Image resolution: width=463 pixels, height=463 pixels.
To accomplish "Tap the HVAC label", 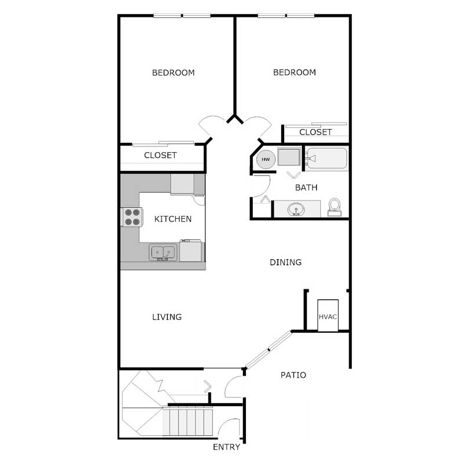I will (x=328, y=317).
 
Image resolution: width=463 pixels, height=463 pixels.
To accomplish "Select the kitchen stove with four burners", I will (x=131, y=216).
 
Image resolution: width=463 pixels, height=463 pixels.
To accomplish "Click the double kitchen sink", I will (x=163, y=252).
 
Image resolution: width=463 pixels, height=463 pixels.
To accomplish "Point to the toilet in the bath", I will (x=335, y=206).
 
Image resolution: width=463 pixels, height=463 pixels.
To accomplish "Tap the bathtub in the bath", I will (x=327, y=158).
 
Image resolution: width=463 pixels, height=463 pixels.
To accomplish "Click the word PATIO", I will (x=293, y=375).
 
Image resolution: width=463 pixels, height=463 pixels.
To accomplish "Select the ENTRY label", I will (x=226, y=447).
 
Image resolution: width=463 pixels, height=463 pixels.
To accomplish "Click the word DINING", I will (x=286, y=262).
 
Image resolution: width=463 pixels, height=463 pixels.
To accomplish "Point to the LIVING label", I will (x=167, y=317).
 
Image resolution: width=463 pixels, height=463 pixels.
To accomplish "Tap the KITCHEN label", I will (x=172, y=219).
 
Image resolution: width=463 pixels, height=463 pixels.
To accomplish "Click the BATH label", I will (x=306, y=188).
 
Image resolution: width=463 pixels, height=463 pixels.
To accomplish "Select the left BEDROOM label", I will (x=173, y=73).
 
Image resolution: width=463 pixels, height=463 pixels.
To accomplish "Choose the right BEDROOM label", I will (x=295, y=72).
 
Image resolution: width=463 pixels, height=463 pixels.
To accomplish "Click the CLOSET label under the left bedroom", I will (x=160, y=155).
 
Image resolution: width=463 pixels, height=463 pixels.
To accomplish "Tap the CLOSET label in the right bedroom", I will (x=315, y=132).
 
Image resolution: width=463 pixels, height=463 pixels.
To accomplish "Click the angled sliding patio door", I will (x=268, y=350).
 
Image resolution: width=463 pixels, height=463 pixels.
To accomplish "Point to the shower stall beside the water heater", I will (x=288, y=157).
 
